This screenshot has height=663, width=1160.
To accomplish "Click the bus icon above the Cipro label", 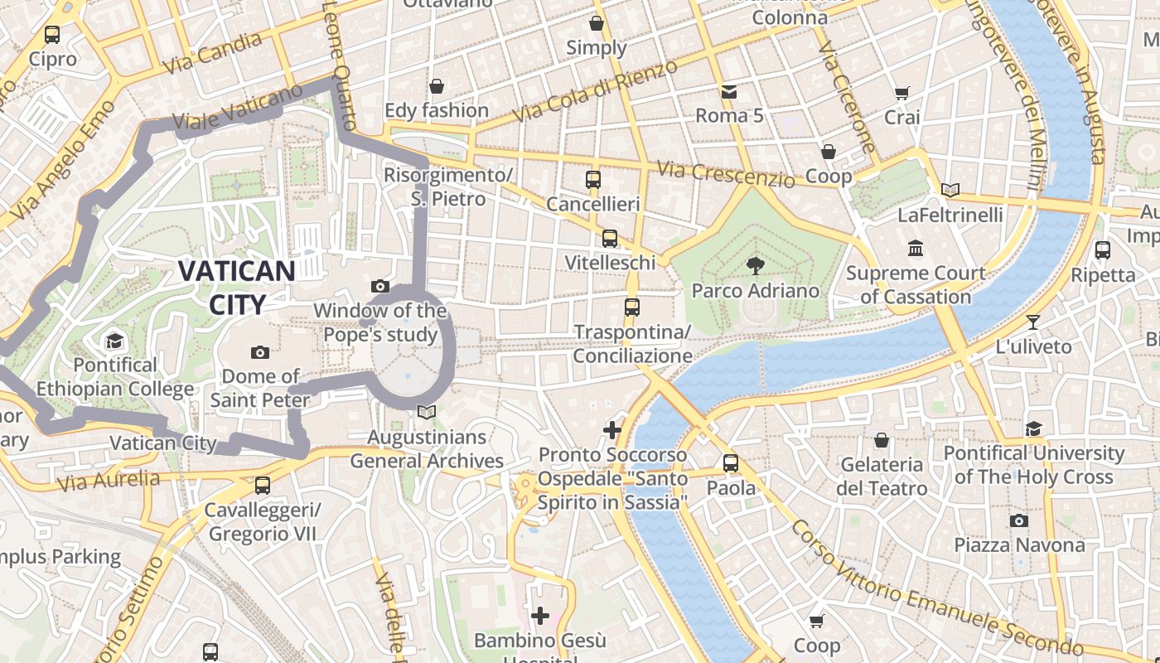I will [x=52, y=35].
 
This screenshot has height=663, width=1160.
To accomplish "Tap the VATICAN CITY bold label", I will [x=237, y=288].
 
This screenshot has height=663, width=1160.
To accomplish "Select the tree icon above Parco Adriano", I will [x=755, y=266].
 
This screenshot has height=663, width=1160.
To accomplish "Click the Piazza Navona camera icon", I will [x=1019, y=520].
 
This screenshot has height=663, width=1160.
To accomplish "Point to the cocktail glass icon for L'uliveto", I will [x=1032, y=322].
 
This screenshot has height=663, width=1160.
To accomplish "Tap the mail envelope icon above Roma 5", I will [x=729, y=91].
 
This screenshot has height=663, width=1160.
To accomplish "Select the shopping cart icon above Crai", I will [x=902, y=93].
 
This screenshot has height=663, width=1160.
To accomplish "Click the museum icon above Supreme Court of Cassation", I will [x=916, y=248].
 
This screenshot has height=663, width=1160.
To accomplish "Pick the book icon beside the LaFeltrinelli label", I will [x=950, y=190].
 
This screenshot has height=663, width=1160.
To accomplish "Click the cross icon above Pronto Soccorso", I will [x=612, y=429].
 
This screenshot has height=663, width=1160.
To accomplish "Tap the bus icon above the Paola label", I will [x=730, y=462].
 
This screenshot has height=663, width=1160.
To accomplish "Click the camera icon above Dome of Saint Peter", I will [x=260, y=352].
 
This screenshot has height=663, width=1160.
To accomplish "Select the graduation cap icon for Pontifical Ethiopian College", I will [x=114, y=341].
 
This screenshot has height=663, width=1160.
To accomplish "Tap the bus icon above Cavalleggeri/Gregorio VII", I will [x=263, y=485].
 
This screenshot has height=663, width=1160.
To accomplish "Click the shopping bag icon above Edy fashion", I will [x=437, y=86].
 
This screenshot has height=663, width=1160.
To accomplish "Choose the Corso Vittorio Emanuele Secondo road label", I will [x=936, y=589].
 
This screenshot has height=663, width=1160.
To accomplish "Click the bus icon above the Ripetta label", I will [x=1103, y=249].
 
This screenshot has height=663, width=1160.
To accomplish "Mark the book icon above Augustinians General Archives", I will [x=427, y=412].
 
